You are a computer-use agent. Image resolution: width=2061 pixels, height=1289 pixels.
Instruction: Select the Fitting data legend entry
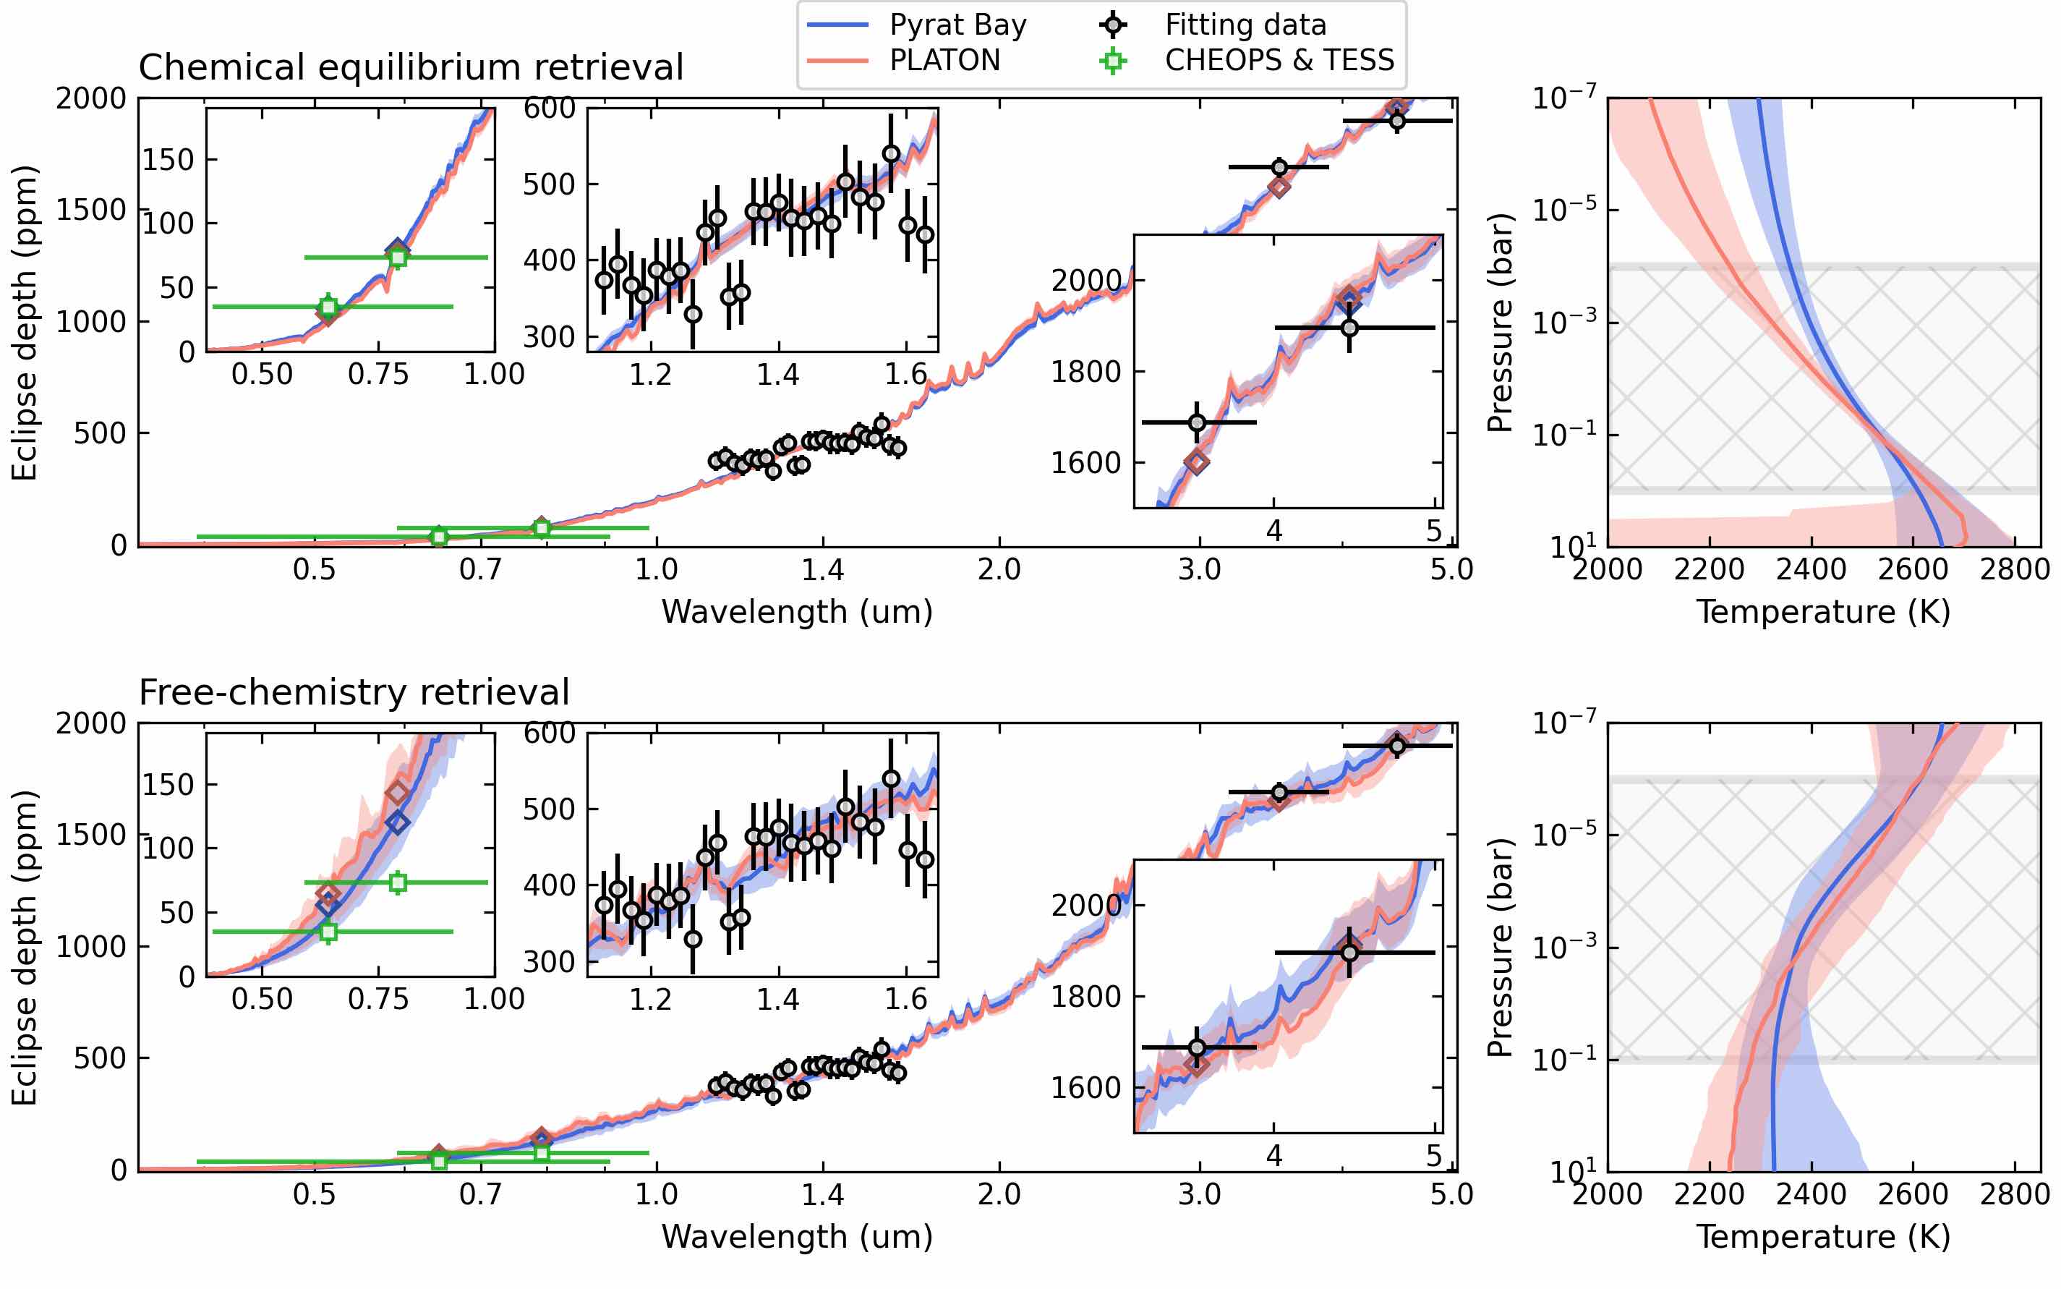point(1245,25)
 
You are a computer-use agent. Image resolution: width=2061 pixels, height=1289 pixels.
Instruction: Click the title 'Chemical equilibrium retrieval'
point(411,67)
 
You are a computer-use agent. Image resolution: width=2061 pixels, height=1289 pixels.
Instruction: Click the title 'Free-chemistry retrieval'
point(354,692)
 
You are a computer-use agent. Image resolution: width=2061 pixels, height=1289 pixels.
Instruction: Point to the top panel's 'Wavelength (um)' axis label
point(797,612)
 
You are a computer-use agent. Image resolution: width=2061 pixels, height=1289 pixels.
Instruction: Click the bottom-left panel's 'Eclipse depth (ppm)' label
point(25,947)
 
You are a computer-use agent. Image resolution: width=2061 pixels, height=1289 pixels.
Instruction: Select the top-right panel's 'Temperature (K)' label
point(1823,612)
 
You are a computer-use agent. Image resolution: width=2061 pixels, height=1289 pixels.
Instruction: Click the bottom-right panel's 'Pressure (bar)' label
point(1499,947)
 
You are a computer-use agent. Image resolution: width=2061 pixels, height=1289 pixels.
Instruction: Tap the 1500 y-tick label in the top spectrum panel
point(91,210)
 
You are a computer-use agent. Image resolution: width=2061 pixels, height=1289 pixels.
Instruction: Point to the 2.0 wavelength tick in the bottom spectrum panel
point(999,1194)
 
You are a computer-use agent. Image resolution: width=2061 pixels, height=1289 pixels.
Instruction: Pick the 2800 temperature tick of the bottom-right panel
point(2014,1194)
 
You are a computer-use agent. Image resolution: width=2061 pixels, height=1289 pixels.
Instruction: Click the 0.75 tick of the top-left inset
point(377,374)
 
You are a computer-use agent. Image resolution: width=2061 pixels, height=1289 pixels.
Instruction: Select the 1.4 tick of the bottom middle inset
point(778,999)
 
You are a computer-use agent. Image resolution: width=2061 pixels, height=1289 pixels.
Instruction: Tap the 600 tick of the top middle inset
point(550,109)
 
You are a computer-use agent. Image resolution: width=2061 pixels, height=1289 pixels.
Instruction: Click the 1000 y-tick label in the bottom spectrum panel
point(91,946)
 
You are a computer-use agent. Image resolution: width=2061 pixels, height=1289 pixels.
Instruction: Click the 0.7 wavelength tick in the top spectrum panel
point(481,569)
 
